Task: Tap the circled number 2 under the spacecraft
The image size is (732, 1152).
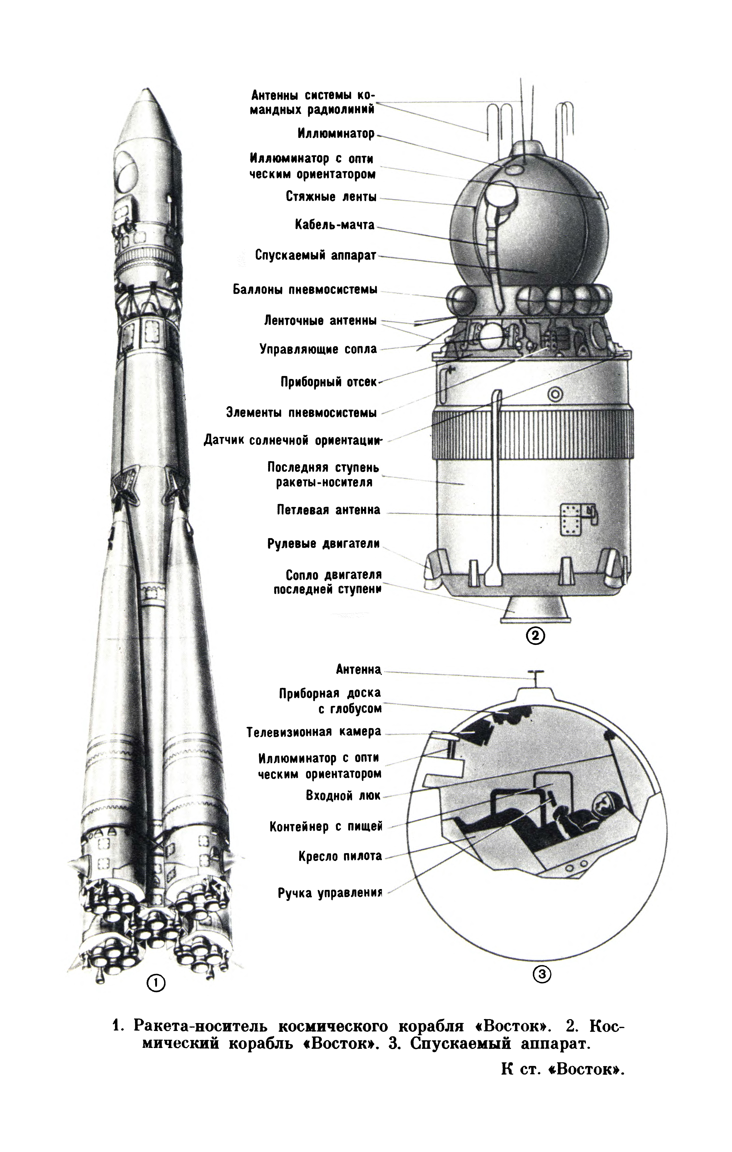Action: (x=536, y=636)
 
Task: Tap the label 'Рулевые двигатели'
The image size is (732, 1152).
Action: (x=324, y=544)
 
